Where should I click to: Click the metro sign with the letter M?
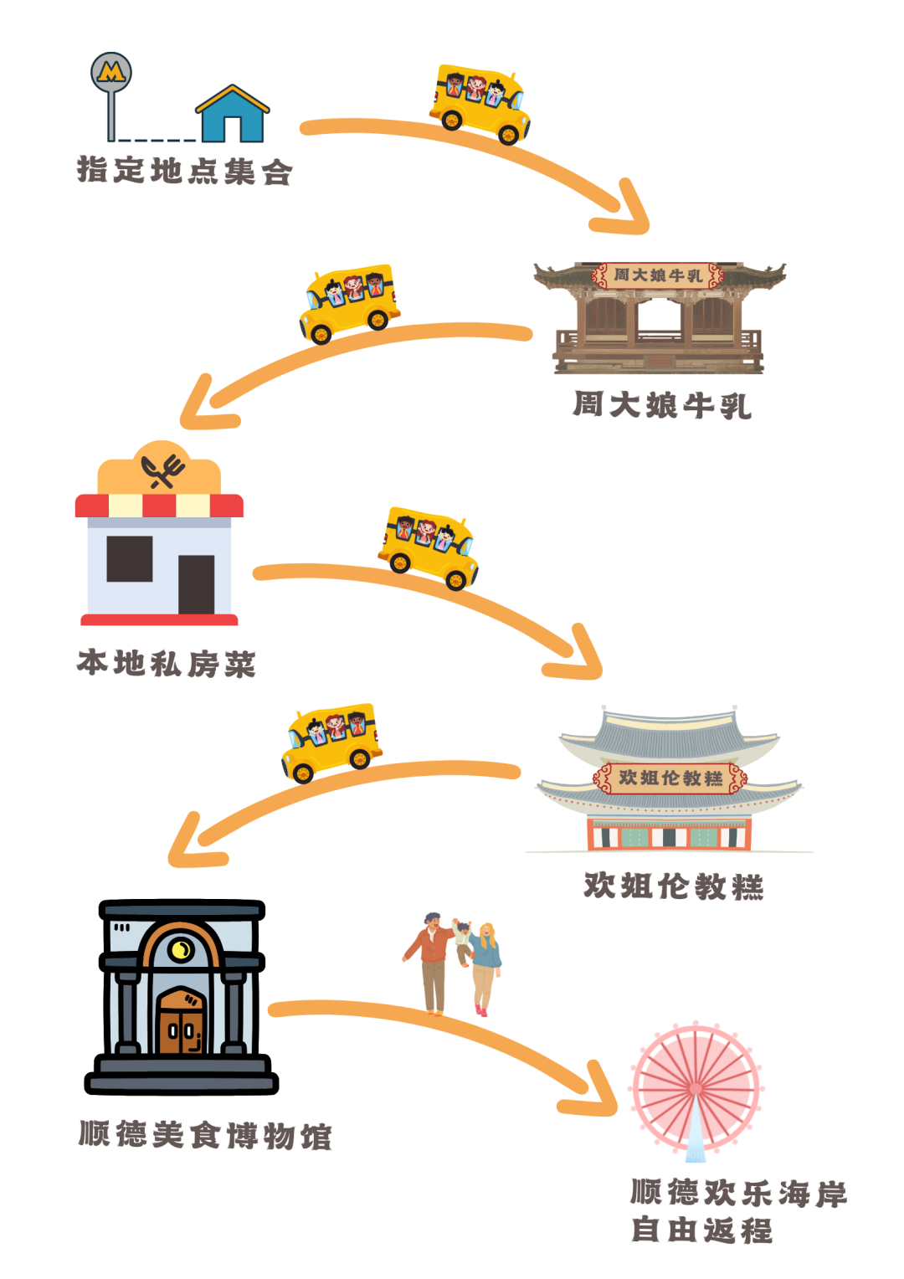tap(111, 73)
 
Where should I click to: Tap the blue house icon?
tap(232, 113)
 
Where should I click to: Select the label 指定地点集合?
tap(184, 170)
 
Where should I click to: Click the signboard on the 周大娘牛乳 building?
tap(658, 275)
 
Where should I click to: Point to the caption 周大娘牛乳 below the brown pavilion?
tap(662, 405)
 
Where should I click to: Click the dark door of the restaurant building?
tap(197, 585)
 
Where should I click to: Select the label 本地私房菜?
tap(167, 664)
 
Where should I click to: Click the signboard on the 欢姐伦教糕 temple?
tap(670, 778)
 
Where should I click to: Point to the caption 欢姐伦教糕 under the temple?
tap(673, 886)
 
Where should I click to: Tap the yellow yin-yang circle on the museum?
tap(181, 950)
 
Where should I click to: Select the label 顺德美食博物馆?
tap(205, 1134)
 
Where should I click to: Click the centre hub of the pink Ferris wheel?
tap(696, 1089)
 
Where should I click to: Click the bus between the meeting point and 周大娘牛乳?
tap(480, 104)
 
